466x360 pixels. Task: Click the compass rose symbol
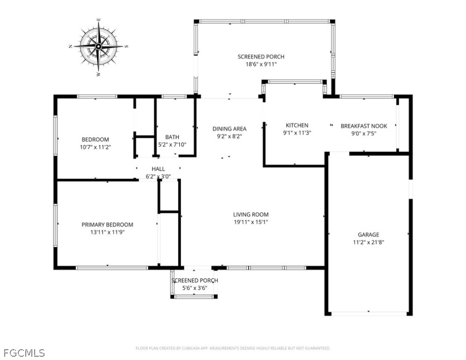(x=98, y=47)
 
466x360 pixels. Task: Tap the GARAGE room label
(x=369, y=235)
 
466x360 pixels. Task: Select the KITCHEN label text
(x=297, y=125)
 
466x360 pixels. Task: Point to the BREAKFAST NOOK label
(x=364, y=126)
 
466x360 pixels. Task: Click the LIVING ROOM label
(x=251, y=215)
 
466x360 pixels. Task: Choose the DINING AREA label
(x=229, y=129)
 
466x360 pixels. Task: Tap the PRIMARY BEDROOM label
(x=107, y=225)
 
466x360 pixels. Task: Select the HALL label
(x=158, y=169)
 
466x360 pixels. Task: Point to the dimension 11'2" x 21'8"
(x=369, y=242)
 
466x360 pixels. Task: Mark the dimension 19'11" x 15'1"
(x=251, y=222)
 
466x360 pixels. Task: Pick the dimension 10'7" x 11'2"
(x=95, y=147)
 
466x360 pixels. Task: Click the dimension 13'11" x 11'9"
(x=107, y=232)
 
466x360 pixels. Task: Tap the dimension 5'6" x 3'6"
(x=194, y=288)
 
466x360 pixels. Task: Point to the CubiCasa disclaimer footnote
(x=233, y=348)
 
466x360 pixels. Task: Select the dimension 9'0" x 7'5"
(x=364, y=133)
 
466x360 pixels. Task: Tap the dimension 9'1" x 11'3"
(x=297, y=133)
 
